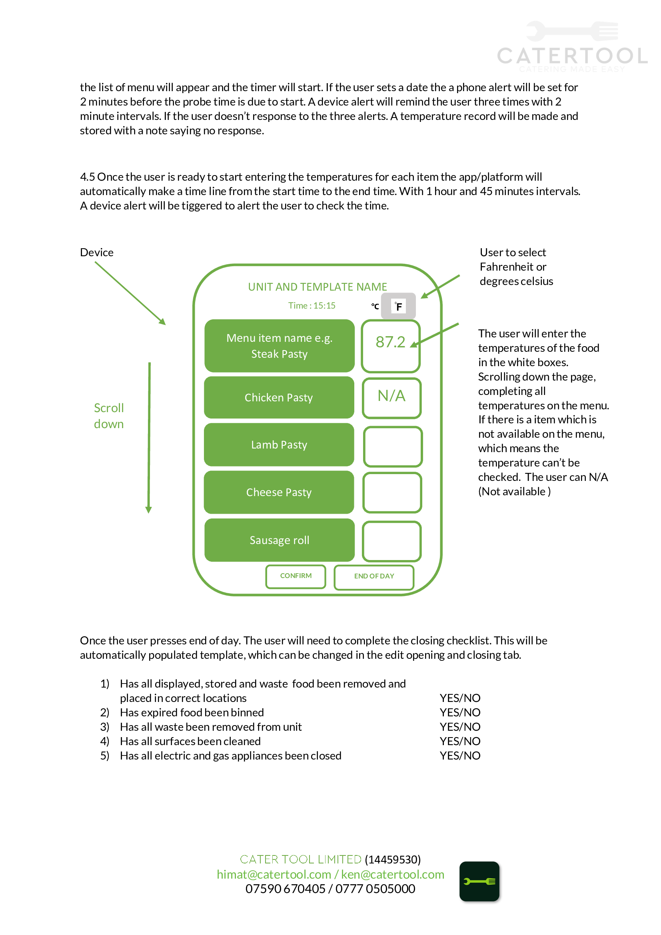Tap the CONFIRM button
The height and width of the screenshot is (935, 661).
[x=296, y=576]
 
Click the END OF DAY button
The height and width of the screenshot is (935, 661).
[x=374, y=577]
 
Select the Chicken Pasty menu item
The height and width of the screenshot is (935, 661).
[x=279, y=397]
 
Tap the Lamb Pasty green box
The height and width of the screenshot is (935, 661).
[x=279, y=445]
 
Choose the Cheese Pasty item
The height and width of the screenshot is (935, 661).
[x=279, y=492]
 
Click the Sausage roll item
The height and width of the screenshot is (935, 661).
[x=280, y=540]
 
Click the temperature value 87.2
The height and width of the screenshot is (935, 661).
[x=390, y=342]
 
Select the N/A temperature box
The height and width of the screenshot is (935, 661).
[x=392, y=398]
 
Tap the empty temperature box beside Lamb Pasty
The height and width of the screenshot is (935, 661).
[x=393, y=447]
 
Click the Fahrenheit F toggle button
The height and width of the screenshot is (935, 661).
[x=398, y=306]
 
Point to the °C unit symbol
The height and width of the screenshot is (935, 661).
[x=375, y=306]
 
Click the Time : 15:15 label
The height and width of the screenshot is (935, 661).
[x=312, y=305]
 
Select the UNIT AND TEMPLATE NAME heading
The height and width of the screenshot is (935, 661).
[x=318, y=287]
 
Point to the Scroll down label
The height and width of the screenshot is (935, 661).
[x=109, y=416]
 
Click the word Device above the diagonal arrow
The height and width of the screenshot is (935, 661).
[x=97, y=253]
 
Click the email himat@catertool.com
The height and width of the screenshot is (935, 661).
[x=274, y=874]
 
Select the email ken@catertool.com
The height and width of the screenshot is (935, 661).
[x=393, y=874]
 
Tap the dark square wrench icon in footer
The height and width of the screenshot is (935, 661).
[x=479, y=881]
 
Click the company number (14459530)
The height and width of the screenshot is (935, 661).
[x=393, y=859]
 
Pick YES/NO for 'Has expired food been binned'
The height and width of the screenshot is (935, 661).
[x=460, y=712]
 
